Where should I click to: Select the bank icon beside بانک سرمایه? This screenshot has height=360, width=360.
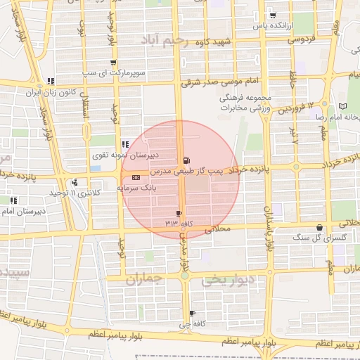pos(135,178)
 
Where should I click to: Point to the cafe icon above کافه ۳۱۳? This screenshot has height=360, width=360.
pos(179,213)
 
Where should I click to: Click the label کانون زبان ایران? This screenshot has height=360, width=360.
pos(51,92)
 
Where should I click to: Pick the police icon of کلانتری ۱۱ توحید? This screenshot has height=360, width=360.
pos(74,183)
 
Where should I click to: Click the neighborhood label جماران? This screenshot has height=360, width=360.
pos(144,279)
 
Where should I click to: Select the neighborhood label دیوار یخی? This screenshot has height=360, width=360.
pos(227,280)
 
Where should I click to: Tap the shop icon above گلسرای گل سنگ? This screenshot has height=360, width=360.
pos(321,228)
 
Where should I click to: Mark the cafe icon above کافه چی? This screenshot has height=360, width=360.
pos(192,314)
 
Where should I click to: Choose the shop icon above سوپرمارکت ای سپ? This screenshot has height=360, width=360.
pos(114,63)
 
